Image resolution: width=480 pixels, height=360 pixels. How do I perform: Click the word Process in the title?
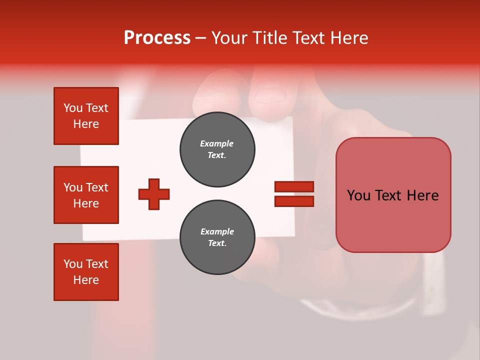click(x=157, y=38)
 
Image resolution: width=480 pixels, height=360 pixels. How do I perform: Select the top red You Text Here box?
click(x=86, y=116)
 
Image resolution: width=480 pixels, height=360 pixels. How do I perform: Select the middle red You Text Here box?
click(x=86, y=195)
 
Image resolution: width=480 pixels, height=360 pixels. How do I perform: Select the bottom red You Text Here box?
click(x=86, y=272)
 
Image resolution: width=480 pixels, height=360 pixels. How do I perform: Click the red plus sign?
click(x=154, y=194)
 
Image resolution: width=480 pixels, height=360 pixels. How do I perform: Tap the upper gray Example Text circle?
click(x=217, y=149)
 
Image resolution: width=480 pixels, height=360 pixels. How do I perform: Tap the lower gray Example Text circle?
click(x=217, y=237)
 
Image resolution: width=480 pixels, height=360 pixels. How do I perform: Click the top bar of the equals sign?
click(x=294, y=187)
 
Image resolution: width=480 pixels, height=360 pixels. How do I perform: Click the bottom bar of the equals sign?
click(x=294, y=201)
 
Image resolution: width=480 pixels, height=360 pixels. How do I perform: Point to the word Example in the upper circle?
click(x=217, y=143)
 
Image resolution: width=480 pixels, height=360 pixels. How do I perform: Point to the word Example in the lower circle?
click(x=217, y=231)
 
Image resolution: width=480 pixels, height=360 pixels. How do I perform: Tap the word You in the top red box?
click(x=73, y=108)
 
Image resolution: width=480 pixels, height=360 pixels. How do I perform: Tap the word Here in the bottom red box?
click(x=86, y=280)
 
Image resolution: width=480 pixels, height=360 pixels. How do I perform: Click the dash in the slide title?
click(x=200, y=38)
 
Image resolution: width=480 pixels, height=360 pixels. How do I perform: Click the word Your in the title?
click(x=229, y=38)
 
